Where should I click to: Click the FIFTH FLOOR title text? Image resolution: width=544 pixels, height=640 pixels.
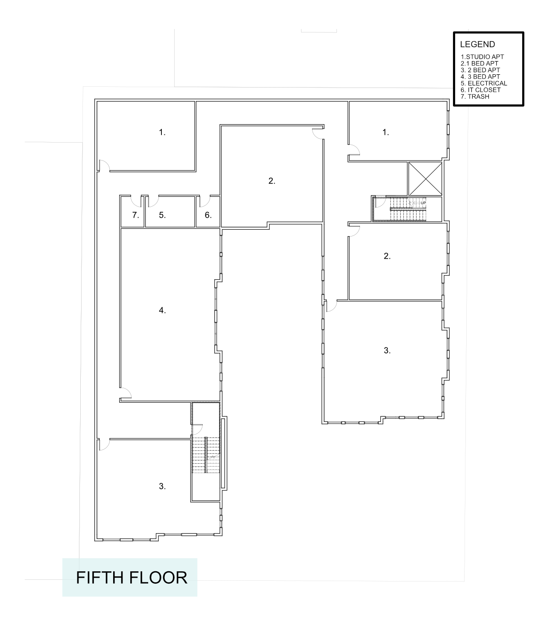pyautogui.click(x=132, y=577)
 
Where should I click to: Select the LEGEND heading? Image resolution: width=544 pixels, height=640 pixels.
pyautogui.click(x=477, y=44)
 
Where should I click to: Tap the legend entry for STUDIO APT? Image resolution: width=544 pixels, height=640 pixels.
pyautogui.click(x=482, y=57)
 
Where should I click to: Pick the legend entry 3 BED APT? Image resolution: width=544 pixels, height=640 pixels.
pyautogui.click(x=480, y=77)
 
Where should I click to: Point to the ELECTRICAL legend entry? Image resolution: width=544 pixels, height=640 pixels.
pyautogui.click(x=484, y=83)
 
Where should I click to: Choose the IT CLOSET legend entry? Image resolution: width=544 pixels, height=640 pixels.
pyautogui.click(x=480, y=90)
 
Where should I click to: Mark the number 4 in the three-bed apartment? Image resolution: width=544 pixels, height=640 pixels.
pyautogui.click(x=162, y=310)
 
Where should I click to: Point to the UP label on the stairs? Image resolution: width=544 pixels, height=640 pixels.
pyautogui.click(x=423, y=203)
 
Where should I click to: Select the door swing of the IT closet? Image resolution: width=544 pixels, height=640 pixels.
pyautogui.click(x=205, y=200)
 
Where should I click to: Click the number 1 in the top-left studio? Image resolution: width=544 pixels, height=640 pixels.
pyautogui.click(x=162, y=132)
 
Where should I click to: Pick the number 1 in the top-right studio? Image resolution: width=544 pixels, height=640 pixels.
pyautogui.click(x=386, y=132)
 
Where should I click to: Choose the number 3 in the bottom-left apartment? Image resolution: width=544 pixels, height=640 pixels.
pyautogui.click(x=162, y=486)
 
